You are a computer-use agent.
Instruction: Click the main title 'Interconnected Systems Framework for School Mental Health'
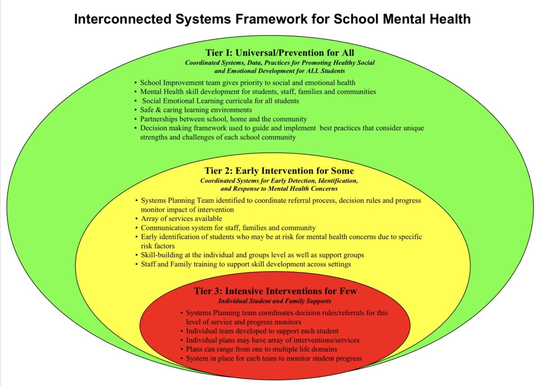pos(272,19)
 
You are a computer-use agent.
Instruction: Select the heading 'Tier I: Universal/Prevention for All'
pos(280,53)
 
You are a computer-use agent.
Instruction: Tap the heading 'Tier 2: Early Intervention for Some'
pos(279,171)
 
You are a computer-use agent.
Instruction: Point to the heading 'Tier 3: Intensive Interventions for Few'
pos(275,291)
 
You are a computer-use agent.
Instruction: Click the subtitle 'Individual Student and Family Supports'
pos(275,301)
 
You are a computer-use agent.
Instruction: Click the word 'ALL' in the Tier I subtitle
pos(313,71)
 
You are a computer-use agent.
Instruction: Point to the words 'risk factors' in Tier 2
pos(158,246)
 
